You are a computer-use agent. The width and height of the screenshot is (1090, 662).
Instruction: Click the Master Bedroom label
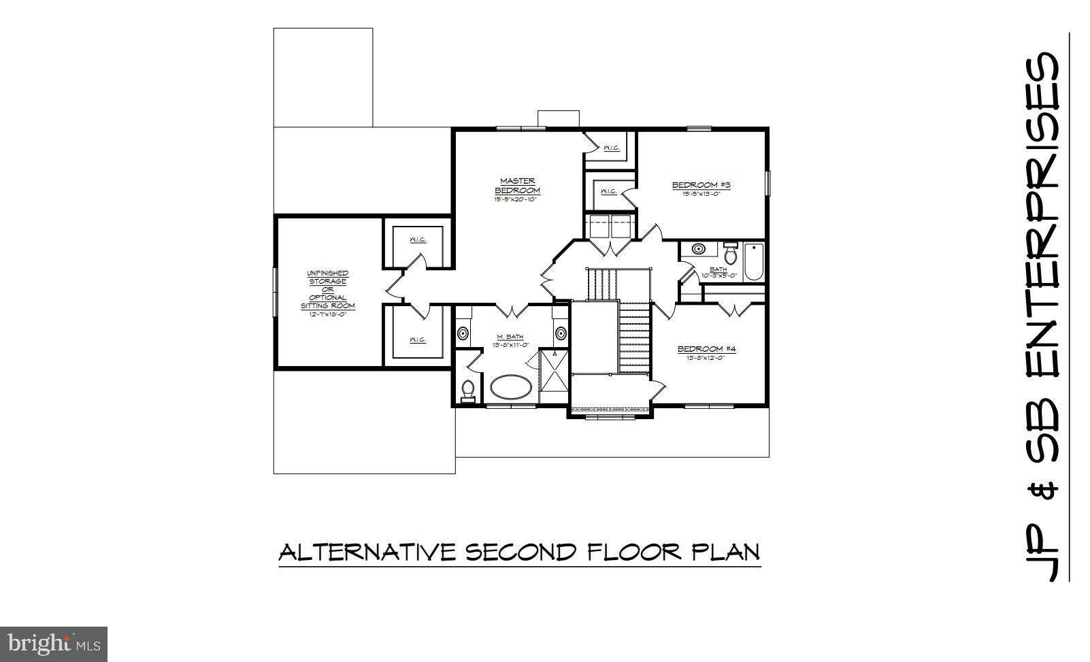pos(517,186)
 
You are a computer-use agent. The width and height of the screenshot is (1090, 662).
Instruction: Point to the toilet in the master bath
pos(467,390)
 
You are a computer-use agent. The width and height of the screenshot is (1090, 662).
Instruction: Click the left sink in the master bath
pos(463,334)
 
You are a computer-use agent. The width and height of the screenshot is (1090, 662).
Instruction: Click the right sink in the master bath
pos(561,333)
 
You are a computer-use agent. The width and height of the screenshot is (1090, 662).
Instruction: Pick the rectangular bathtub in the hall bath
pos(754,261)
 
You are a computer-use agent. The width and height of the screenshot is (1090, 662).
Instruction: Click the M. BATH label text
pos(510,337)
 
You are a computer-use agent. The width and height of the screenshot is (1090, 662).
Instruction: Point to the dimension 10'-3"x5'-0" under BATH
pos(719,276)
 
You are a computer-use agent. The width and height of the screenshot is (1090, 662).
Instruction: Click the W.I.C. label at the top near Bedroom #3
pos(610,148)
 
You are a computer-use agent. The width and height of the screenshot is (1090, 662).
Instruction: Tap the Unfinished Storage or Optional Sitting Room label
pos(328,290)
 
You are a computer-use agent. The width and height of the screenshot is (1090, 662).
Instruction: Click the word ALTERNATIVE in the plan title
pos(367,552)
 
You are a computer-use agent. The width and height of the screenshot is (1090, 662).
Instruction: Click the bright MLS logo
pos(54,644)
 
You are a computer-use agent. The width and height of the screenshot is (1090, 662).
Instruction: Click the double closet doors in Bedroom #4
pos(735,310)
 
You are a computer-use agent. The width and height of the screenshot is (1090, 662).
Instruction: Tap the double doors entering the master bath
pos(512,310)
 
